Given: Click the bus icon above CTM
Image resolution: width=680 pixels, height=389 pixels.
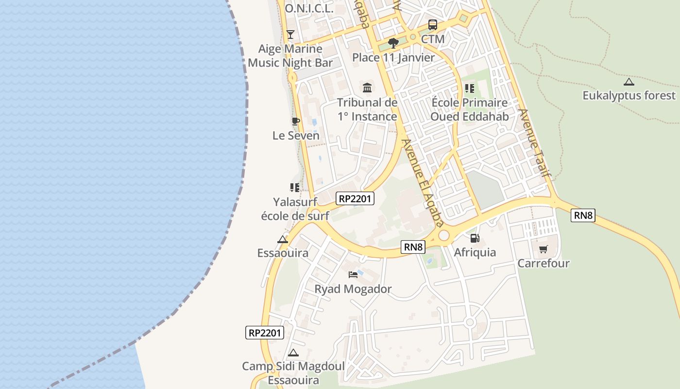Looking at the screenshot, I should [x=432, y=25].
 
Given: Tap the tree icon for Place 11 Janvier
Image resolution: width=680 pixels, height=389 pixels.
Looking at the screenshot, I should [x=393, y=43].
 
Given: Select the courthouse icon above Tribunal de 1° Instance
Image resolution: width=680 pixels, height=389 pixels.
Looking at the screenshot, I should [x=367, y=88].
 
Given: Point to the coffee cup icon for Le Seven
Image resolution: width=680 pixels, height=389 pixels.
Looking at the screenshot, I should [x=295, y=121].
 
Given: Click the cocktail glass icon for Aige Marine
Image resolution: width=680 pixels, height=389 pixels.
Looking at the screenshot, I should [x=290, y=34].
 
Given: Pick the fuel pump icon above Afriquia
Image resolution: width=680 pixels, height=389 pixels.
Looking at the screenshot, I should [x=475, y=238].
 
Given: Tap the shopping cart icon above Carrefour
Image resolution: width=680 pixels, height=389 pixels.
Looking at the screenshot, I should [x=543, y=249].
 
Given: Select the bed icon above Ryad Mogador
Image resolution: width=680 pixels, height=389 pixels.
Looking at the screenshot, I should [x=353, y=275].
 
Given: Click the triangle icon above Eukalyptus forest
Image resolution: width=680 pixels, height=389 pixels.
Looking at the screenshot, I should [x=629, y=82].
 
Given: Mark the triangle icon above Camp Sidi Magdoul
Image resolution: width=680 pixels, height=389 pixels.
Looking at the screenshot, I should [x=293, y=353].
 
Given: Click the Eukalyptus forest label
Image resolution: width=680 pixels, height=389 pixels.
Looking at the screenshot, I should [x=629, y=95].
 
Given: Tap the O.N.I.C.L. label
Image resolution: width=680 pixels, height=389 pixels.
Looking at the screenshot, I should [x=309, y=8].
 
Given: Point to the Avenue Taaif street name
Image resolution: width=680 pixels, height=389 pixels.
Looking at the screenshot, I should [x=534, y=142].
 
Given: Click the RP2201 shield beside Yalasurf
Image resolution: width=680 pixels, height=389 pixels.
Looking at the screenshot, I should [x=355, y=198].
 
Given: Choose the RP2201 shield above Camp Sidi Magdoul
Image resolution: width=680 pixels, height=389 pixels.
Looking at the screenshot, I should [x=265, y=333].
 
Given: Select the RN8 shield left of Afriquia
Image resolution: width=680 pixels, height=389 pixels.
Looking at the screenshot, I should [x=413, y=247].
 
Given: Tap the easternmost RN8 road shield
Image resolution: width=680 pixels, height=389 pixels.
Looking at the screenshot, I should [x=583, y=215].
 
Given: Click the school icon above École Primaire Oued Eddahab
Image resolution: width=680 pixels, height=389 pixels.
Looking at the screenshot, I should [x=469, y=88].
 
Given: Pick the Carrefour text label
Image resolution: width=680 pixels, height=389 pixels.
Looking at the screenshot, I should [x=543, y=263].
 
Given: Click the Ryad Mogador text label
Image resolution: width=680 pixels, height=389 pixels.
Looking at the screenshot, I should [x=353, y=289].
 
